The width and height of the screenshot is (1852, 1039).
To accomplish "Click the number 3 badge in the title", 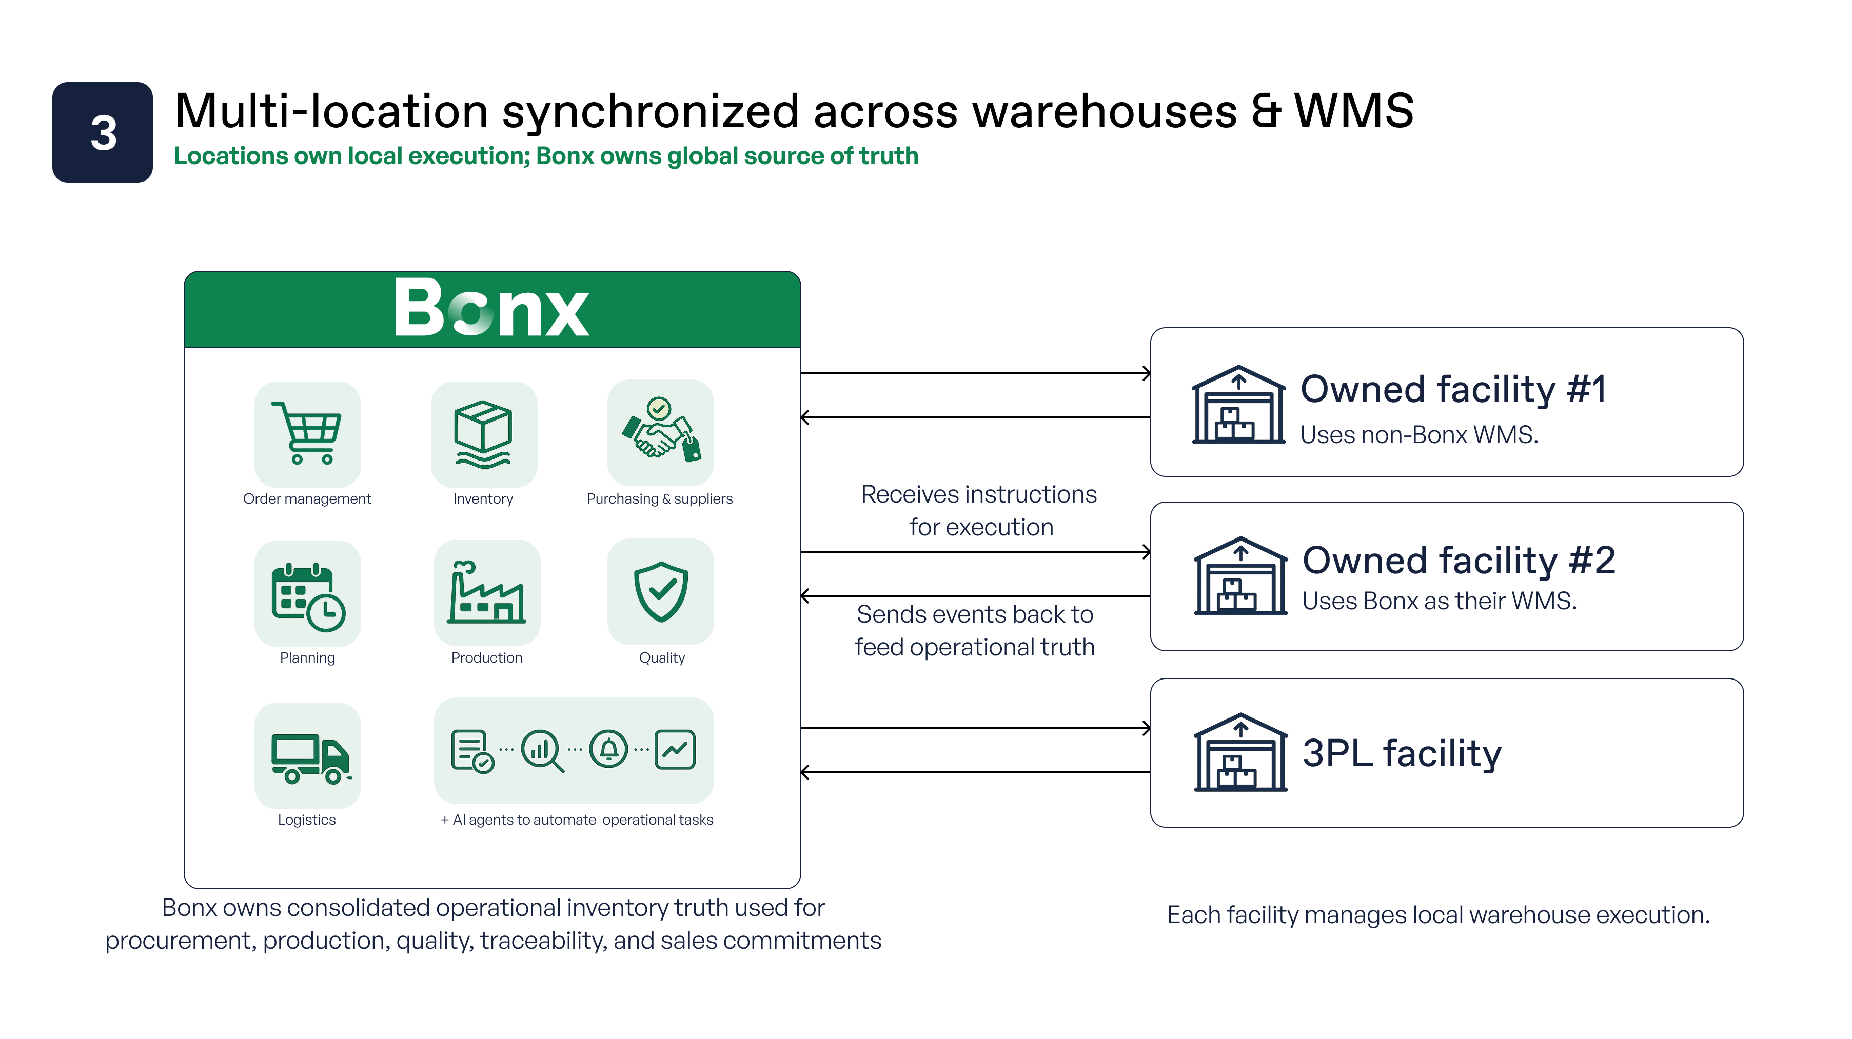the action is [x=102, y=132].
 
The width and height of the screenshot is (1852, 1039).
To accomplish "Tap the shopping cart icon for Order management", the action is [x=307, y=433].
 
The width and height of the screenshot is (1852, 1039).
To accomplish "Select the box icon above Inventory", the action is [x=483, y=433].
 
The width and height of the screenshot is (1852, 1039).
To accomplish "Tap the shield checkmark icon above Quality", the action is [x=661, y=591].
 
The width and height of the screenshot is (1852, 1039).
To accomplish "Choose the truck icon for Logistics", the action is [x=310, y=758].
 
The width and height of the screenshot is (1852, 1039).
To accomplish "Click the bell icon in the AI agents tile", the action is [x=609, y=749].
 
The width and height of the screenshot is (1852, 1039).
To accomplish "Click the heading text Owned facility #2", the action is [x=1459, y=561].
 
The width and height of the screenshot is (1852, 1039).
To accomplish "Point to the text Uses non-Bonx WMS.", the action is [x=1419, y=435].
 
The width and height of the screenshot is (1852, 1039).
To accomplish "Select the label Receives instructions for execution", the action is [x=979, y=510].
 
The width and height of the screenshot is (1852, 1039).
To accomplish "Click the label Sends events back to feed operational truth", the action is [x=975, y=630].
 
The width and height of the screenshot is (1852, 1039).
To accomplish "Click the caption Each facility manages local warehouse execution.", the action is [x=1438, y=915].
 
